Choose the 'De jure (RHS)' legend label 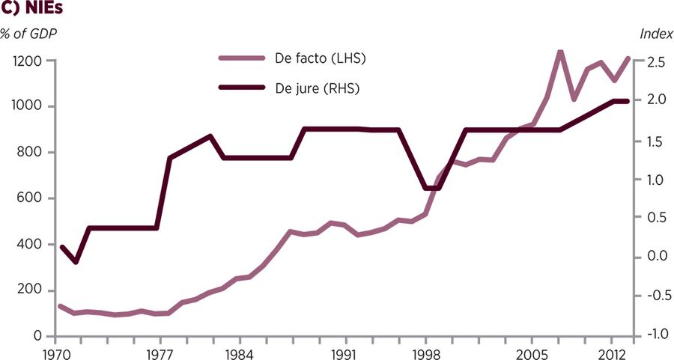pos(323,88)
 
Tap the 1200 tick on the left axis pos(27,61)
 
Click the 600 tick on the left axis pos(31,198)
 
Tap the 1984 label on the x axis pos(237,353)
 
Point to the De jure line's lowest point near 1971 pos(75,262)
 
